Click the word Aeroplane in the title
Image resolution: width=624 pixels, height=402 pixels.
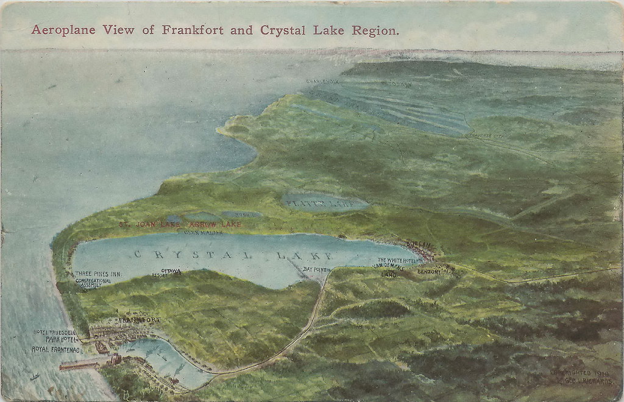pyautogui.click(x=61, y=30)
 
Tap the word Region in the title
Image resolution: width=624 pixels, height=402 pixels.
pyautogui.click(x=378, y=30)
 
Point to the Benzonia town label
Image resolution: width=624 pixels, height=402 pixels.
pyautogui.click(x=429, y=272)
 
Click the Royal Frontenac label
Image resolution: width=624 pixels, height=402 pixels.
pyautogui.click(x=55, y=349)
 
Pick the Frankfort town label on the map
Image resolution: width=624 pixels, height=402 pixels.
pyautogui.click(x=140, y=319)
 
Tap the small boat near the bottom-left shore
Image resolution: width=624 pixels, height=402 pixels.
pyautogui.click(x=35, y=376)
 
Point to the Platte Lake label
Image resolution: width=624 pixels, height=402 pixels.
pyautogui.click(x=321, y=204)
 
